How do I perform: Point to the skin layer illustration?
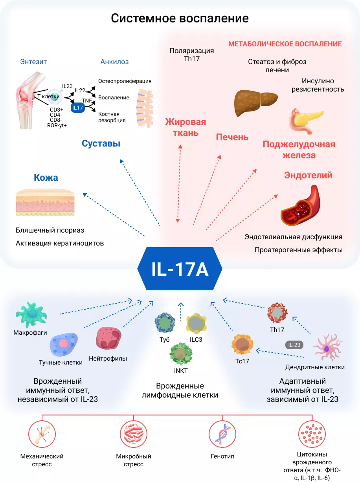coord(45,202)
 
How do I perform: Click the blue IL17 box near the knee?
coord(78,107)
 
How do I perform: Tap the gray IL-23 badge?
coord(294,345)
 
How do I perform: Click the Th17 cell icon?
coord(278,313)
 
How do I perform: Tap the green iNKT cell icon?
coord(181,353)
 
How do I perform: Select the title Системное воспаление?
coord(180,18)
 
